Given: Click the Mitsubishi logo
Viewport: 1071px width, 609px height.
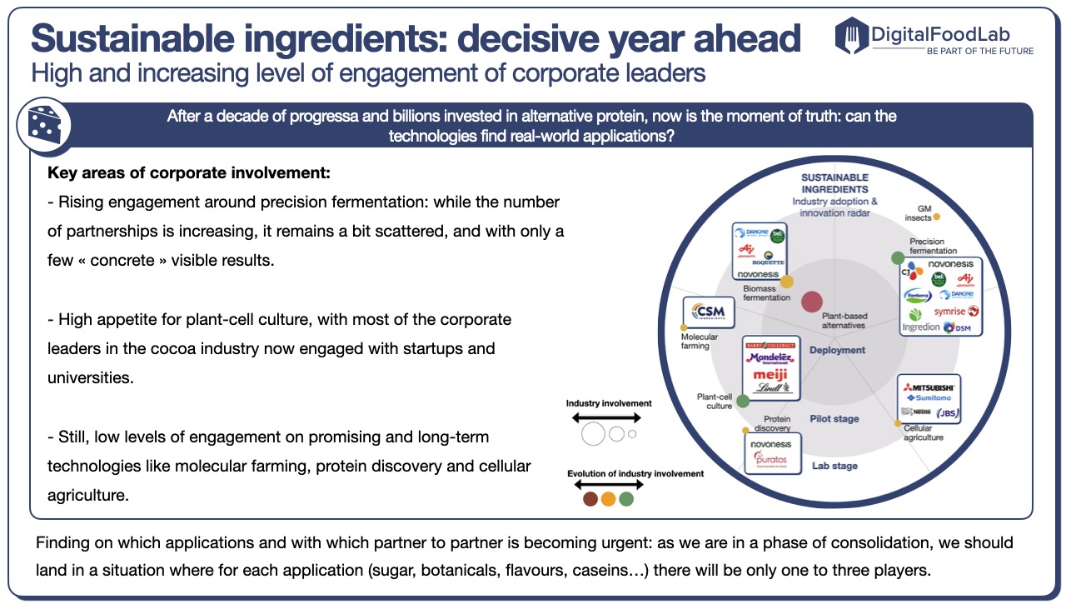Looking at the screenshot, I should click(x=929, y=387).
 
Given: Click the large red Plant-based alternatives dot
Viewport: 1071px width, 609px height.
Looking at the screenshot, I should click(x=811, y=303).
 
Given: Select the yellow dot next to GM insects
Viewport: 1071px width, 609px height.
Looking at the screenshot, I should click(x=936, y=217).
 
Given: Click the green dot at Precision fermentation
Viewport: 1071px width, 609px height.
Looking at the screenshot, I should click(x=898, y=257).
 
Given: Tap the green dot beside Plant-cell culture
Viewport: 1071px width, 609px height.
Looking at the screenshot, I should click(x=743, y=401).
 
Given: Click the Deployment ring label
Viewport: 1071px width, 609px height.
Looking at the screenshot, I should click(x=837, y=350).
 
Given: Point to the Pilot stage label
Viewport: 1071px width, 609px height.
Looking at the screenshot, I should click(x=834, y=419).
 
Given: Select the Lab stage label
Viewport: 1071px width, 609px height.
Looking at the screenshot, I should click(x=834, y=466).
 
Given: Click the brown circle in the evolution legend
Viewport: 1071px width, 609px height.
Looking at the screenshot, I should click(x=590, y=499).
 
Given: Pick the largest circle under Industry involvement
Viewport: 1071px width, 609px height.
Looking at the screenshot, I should click(x=594, y=434).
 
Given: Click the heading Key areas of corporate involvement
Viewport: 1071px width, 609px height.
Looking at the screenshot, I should click(x=189, y=174).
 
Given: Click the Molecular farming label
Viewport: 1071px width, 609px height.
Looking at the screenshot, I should click(x=699, y=342).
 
